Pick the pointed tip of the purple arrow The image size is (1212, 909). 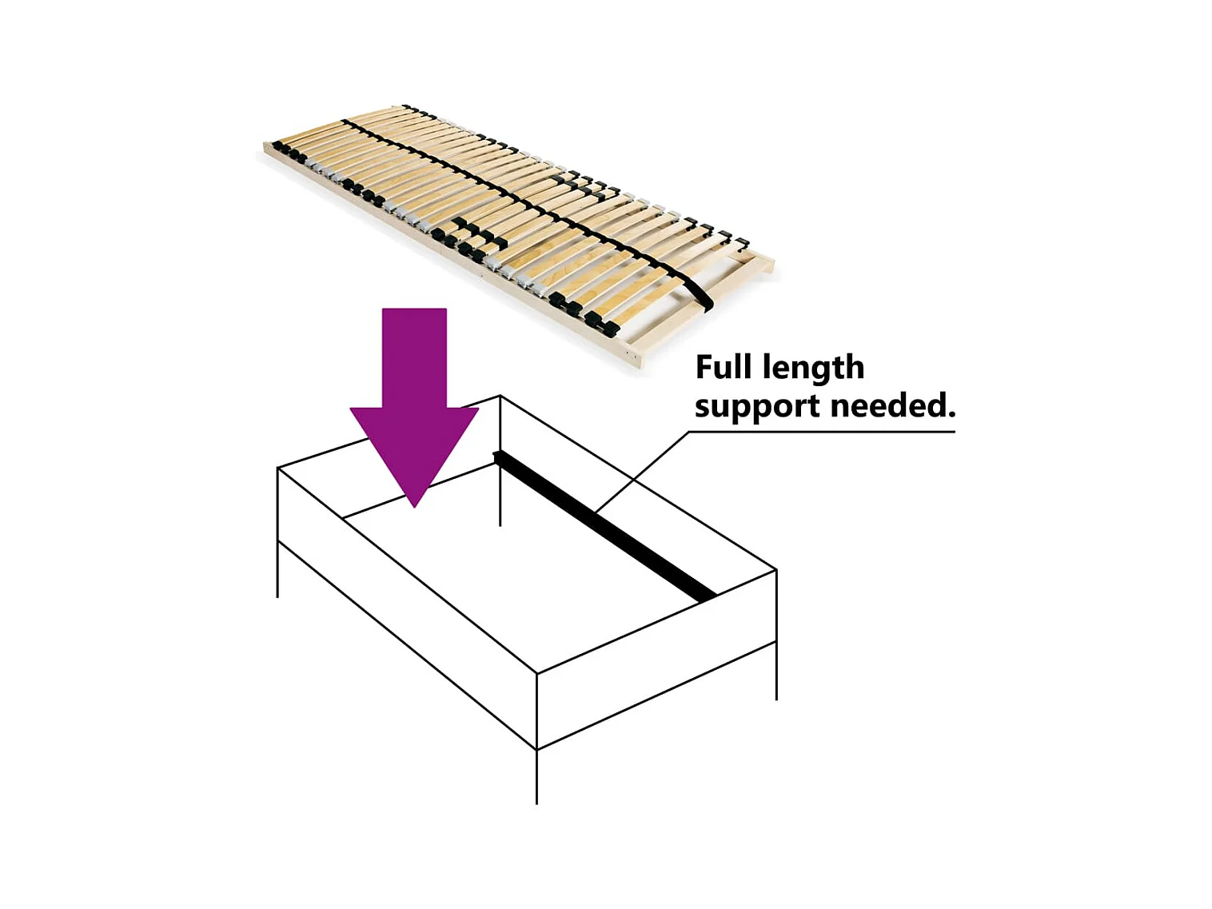pos(414,504)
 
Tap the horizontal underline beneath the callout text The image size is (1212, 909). pos(823,432)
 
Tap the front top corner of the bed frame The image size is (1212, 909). pos(536,673)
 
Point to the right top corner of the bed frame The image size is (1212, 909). pos(776,570)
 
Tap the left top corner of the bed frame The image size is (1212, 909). pos(277,468)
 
